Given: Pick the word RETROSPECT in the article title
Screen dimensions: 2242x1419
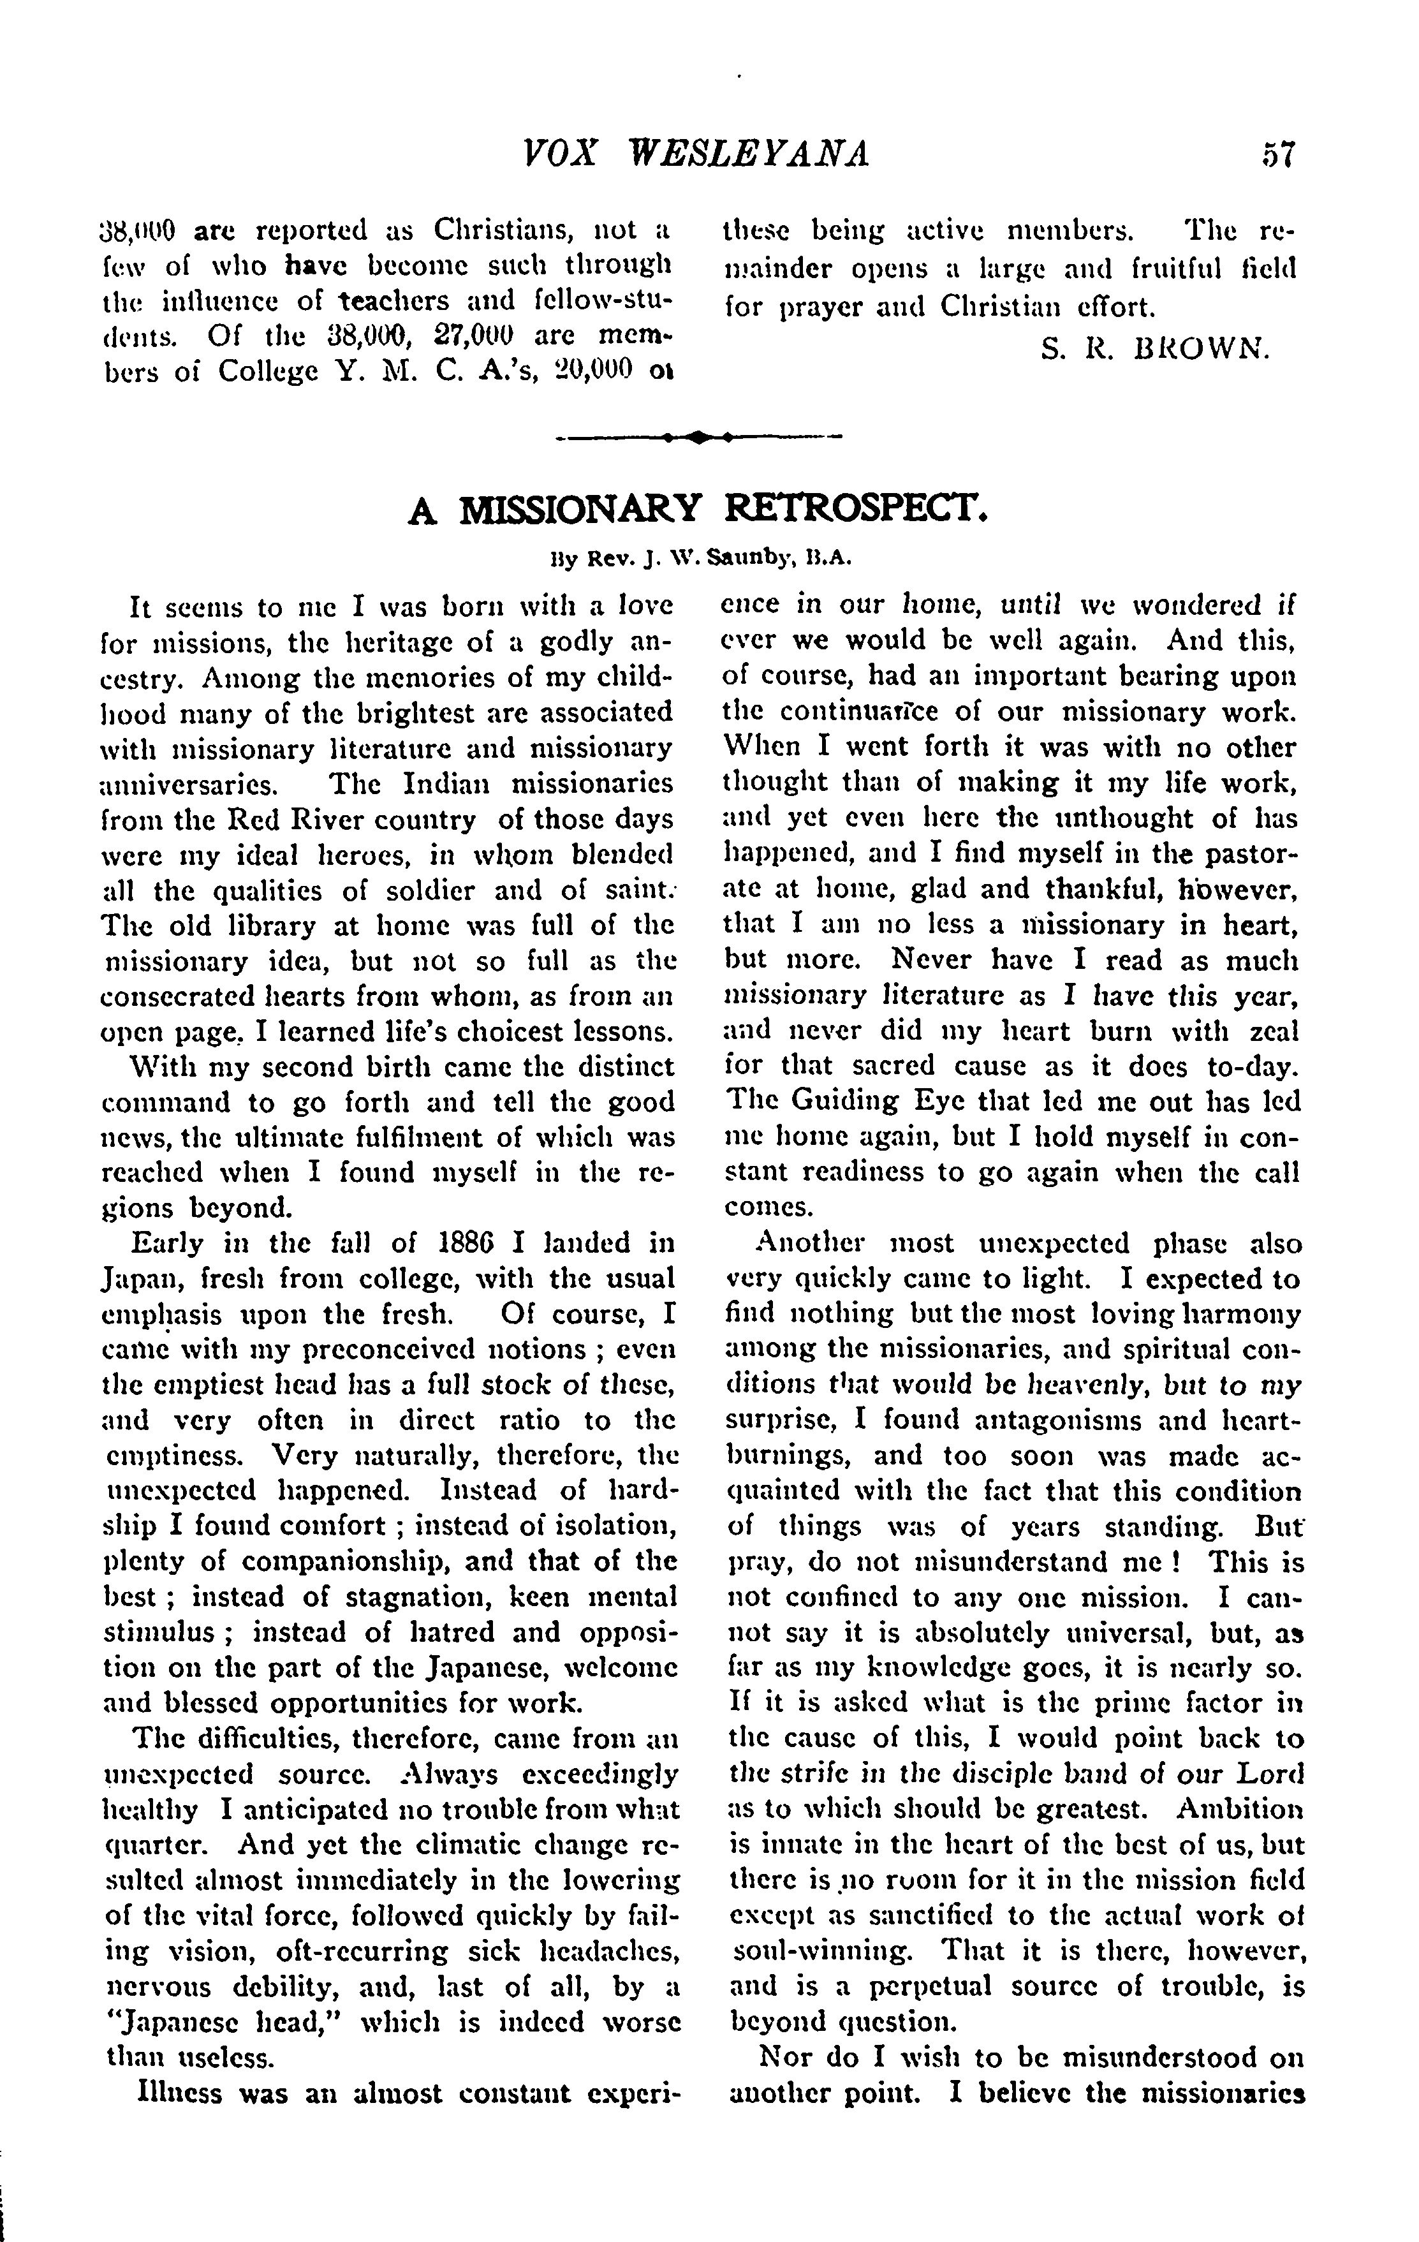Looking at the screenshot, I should click(854, 510).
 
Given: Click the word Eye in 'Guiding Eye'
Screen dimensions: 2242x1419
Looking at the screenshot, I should click(917, 1102).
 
